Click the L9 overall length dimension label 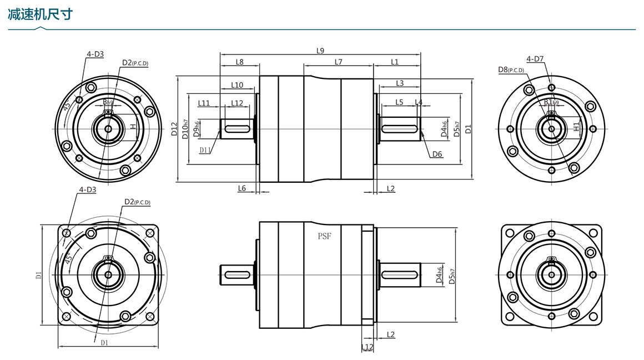(320, 51)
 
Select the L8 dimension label (239, 62)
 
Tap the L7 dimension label (338, 62)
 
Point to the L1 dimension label (395, 62)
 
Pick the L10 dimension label (237, 85)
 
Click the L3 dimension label (400, 83)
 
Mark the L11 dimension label (204, 103)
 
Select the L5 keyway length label (399, 102)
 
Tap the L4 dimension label (419, 102)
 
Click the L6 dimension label (241, 188)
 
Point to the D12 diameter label (174, 129)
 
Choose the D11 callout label (205, 150)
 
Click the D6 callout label (437, 154)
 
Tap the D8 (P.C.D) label (511, 69)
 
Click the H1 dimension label (577, 127)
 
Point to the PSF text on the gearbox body (324, 236)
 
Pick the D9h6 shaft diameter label (197, 129)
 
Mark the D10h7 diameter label (186, 129)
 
